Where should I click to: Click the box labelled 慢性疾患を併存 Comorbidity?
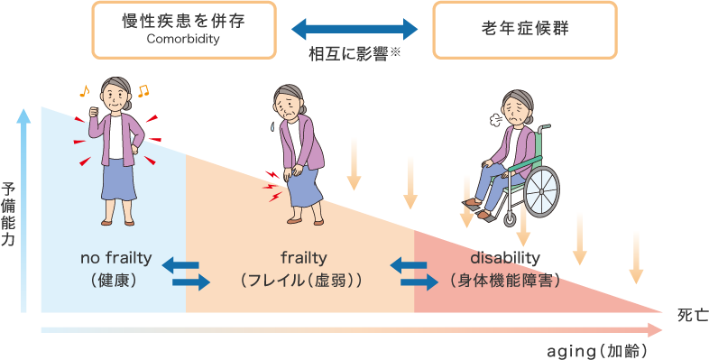coord(183,30)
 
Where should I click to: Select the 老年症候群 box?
coord(525,30)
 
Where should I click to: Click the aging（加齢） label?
coord(598,349)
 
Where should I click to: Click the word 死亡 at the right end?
coord(693,314)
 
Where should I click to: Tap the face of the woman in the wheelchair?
coord(515,112)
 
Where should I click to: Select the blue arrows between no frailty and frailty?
coord(185,273)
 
